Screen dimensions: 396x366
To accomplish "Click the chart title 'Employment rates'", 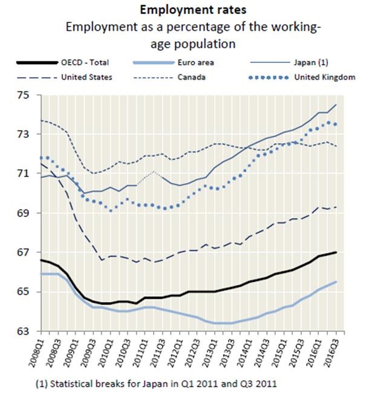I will [183, 10].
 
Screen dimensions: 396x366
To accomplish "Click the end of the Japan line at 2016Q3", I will [336, 105].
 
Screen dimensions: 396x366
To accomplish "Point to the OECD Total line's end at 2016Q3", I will [336, 252].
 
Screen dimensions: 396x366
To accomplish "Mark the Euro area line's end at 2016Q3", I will [336, 282].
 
